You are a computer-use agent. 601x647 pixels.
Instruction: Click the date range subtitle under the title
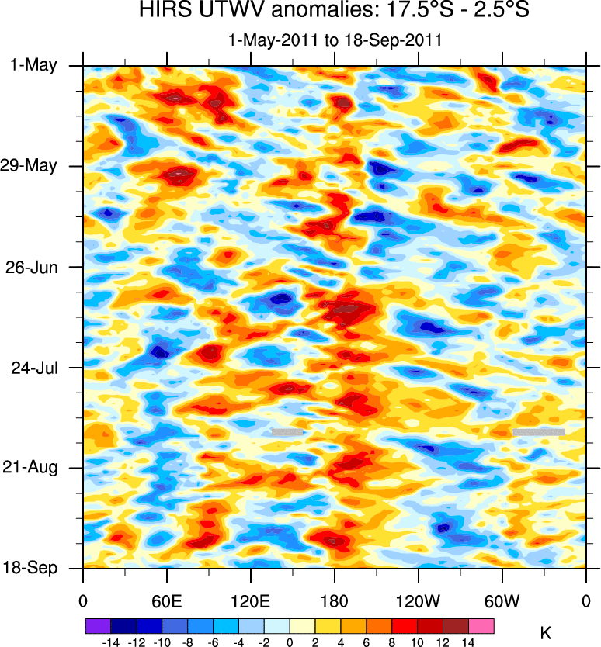click(335, 41)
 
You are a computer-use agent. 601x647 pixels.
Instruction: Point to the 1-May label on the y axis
click(34, 66)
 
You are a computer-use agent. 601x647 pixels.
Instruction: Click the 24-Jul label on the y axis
click(33, 367)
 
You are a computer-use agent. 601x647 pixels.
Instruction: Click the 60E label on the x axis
click(166, 600)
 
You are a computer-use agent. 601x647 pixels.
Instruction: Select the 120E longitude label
click(250, 600)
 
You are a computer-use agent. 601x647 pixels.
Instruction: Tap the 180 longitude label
click(334, 600)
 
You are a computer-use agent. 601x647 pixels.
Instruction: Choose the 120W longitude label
click(418, 600)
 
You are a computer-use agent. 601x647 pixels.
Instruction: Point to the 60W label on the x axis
click(502, 600)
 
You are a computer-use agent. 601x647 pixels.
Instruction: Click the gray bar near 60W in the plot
click(538, 431)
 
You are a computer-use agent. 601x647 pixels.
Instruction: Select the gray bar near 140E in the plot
click(287, 431)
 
